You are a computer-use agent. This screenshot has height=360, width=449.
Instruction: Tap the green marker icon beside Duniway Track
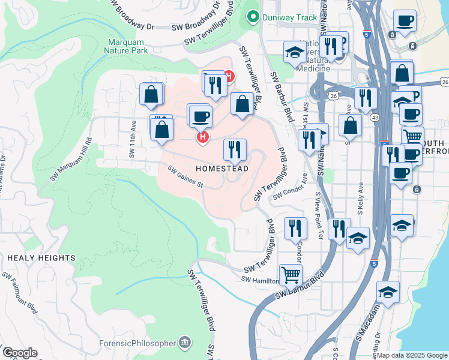[x=253, y=17]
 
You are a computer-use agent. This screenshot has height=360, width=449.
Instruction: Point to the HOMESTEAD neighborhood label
[x=221, y=169]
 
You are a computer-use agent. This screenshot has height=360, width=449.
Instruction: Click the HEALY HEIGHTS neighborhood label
[x=41, y=258]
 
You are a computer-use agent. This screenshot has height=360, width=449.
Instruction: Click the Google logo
[x=19, y=353]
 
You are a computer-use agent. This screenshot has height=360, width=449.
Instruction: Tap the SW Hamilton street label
[x=261, y=280]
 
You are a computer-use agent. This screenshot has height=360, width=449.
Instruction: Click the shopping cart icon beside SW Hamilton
[x=291, y=275]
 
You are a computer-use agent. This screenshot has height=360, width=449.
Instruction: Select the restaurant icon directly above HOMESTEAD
[x=235, y=149]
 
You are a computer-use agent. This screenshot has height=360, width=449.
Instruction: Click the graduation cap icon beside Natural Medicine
[x=295, y=53]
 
